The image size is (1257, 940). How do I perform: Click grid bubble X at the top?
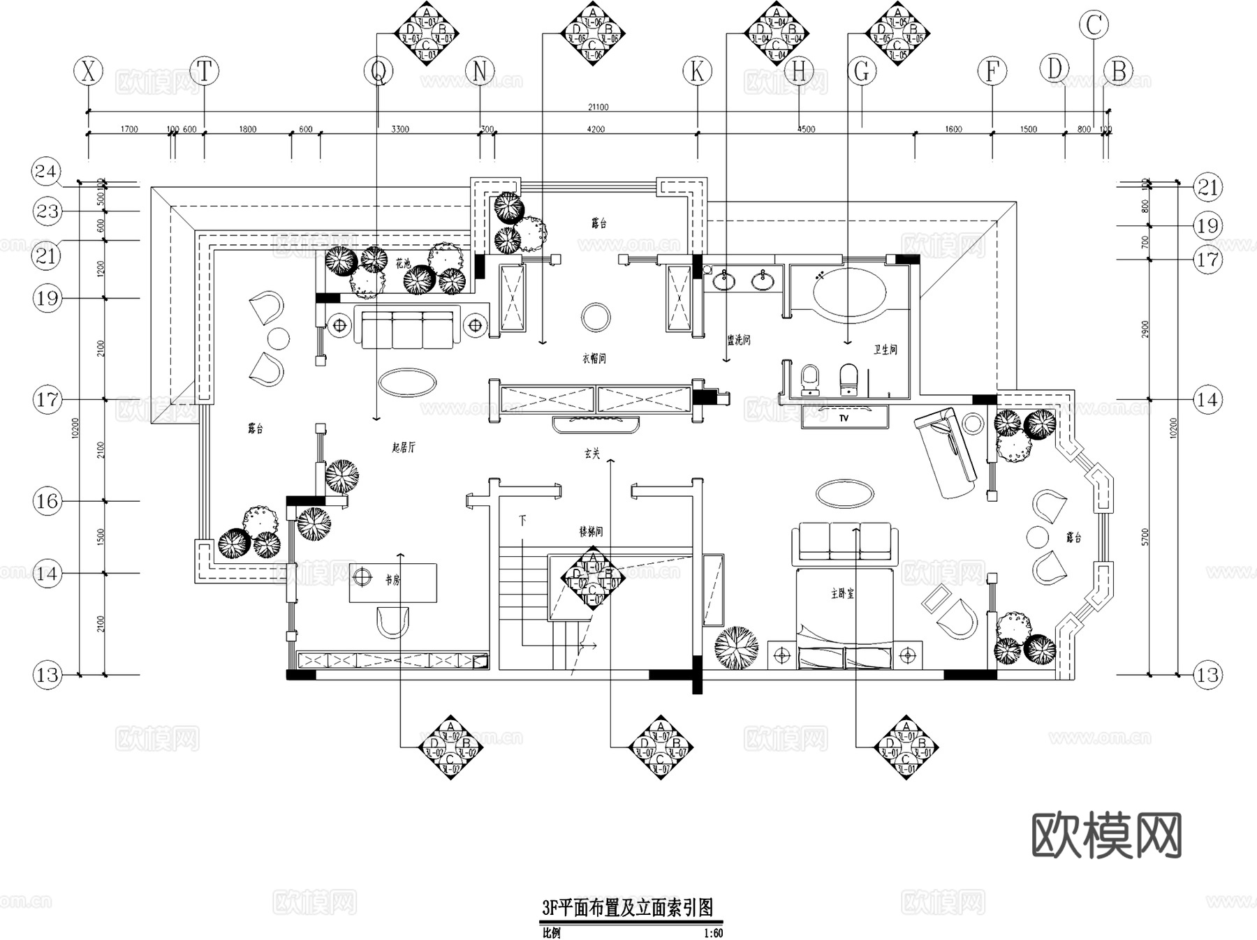(x=89, y=71)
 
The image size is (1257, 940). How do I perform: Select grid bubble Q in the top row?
(x=378, y=71)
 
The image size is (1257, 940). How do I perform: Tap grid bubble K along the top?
(x=697, y=71)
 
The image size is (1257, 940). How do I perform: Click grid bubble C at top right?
(x=1094, y=25)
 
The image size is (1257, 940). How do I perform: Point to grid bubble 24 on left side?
(x=47, y=172)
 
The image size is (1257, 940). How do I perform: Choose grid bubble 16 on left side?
(x=47, y=501)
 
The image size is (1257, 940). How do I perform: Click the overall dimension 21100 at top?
(x=598, y=107)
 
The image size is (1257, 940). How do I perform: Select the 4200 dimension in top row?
(x=596, y=129)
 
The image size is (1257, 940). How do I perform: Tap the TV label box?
(x=844, y=418)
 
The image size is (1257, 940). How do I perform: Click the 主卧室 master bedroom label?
(x=843, y=593)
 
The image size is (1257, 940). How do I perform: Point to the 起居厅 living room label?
(x=404, y=448)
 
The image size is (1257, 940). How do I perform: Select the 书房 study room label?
(x=392, y=579)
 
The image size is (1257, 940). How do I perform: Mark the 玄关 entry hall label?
(x=591, y=454)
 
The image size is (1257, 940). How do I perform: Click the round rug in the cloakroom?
(x=596, y=318)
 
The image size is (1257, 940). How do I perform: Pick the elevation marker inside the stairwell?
(x=592, y=579)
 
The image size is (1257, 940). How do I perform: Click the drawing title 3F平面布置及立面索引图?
(x=628, y=908)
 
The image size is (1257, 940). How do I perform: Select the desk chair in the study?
(x=392, y=621)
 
